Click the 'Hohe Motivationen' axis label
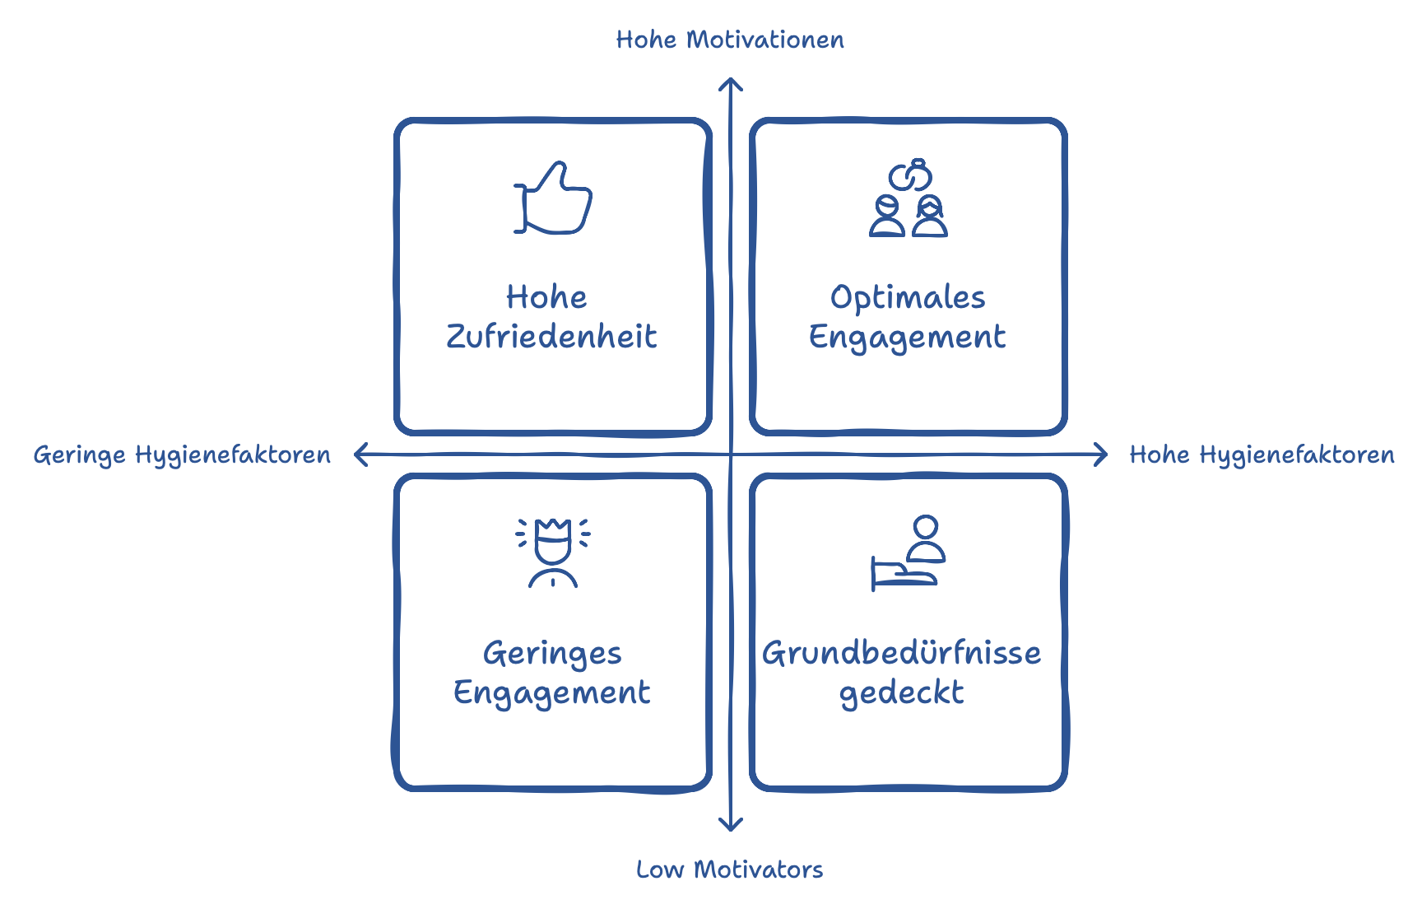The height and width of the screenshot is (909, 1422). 730,40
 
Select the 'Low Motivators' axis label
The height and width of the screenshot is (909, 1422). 729,869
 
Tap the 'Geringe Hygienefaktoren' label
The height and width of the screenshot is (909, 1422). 182,454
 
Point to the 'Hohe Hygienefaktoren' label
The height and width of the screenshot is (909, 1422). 1262,454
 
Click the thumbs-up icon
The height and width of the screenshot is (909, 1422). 553,198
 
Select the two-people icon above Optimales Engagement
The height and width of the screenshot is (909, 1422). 908,198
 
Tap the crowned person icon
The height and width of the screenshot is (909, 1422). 553,552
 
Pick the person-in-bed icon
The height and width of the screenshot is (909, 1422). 908,553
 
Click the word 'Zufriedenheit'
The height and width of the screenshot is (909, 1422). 551,337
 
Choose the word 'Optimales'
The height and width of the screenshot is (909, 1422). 908,298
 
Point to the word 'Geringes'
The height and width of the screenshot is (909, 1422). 552,654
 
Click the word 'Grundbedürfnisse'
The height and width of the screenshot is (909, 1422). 902,653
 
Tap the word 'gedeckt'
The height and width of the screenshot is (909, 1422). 901,693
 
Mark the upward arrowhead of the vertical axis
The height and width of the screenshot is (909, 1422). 731,82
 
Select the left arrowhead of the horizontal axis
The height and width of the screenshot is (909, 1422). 359,454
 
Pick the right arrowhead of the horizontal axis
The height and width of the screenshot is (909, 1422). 1103,454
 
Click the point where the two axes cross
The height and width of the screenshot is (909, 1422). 731,454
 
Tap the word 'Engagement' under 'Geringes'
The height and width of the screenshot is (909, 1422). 552,693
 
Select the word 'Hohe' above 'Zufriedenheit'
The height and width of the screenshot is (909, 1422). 546,297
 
